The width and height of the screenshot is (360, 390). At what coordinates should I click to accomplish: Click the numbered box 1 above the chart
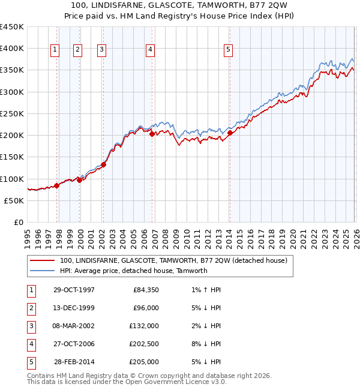point(55,50)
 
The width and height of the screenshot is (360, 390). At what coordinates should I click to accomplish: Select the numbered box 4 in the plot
point(149,50)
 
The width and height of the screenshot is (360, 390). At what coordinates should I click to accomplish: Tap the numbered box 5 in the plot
point(228,50)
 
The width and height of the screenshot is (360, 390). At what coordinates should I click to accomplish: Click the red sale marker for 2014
point(230,133)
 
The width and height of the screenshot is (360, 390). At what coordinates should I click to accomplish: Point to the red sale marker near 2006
point(152,134)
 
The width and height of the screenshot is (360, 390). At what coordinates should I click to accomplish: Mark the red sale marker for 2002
point(103,164)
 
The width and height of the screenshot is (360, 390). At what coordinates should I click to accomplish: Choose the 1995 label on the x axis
point(28,238)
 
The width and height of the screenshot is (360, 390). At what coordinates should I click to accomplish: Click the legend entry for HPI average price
point(133,271)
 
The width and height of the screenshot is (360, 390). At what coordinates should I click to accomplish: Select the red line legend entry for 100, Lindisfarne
point(173,260)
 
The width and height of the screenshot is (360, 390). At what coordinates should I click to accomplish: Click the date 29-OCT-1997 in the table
point(74,290)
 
